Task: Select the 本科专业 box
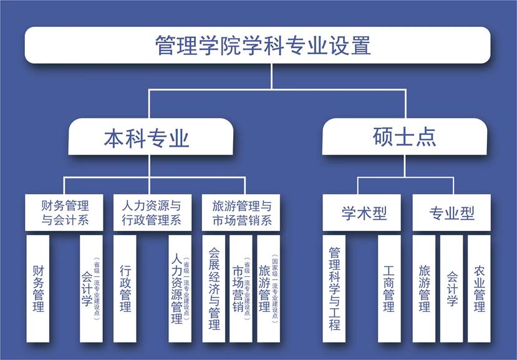coord(147,137)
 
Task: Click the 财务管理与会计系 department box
coord(65,212)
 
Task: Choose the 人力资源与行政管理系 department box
coord(150,212)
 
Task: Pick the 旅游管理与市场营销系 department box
coord(241,212)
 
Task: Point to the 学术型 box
coord(364,213)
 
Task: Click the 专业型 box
coord(452,213)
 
